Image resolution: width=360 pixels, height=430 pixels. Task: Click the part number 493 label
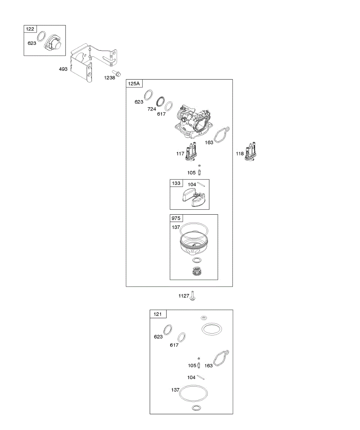click(63, 69)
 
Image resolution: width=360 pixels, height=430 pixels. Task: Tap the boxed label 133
click(176, 183)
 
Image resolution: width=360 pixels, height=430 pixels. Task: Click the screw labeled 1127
click(193, 296)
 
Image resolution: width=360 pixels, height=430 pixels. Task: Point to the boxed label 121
click(158, 314)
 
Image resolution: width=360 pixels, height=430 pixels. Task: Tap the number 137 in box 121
click(175, 390)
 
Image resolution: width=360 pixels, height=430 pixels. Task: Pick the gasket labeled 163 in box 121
click(221, 359)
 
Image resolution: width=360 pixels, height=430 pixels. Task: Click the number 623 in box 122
click(32, 43)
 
